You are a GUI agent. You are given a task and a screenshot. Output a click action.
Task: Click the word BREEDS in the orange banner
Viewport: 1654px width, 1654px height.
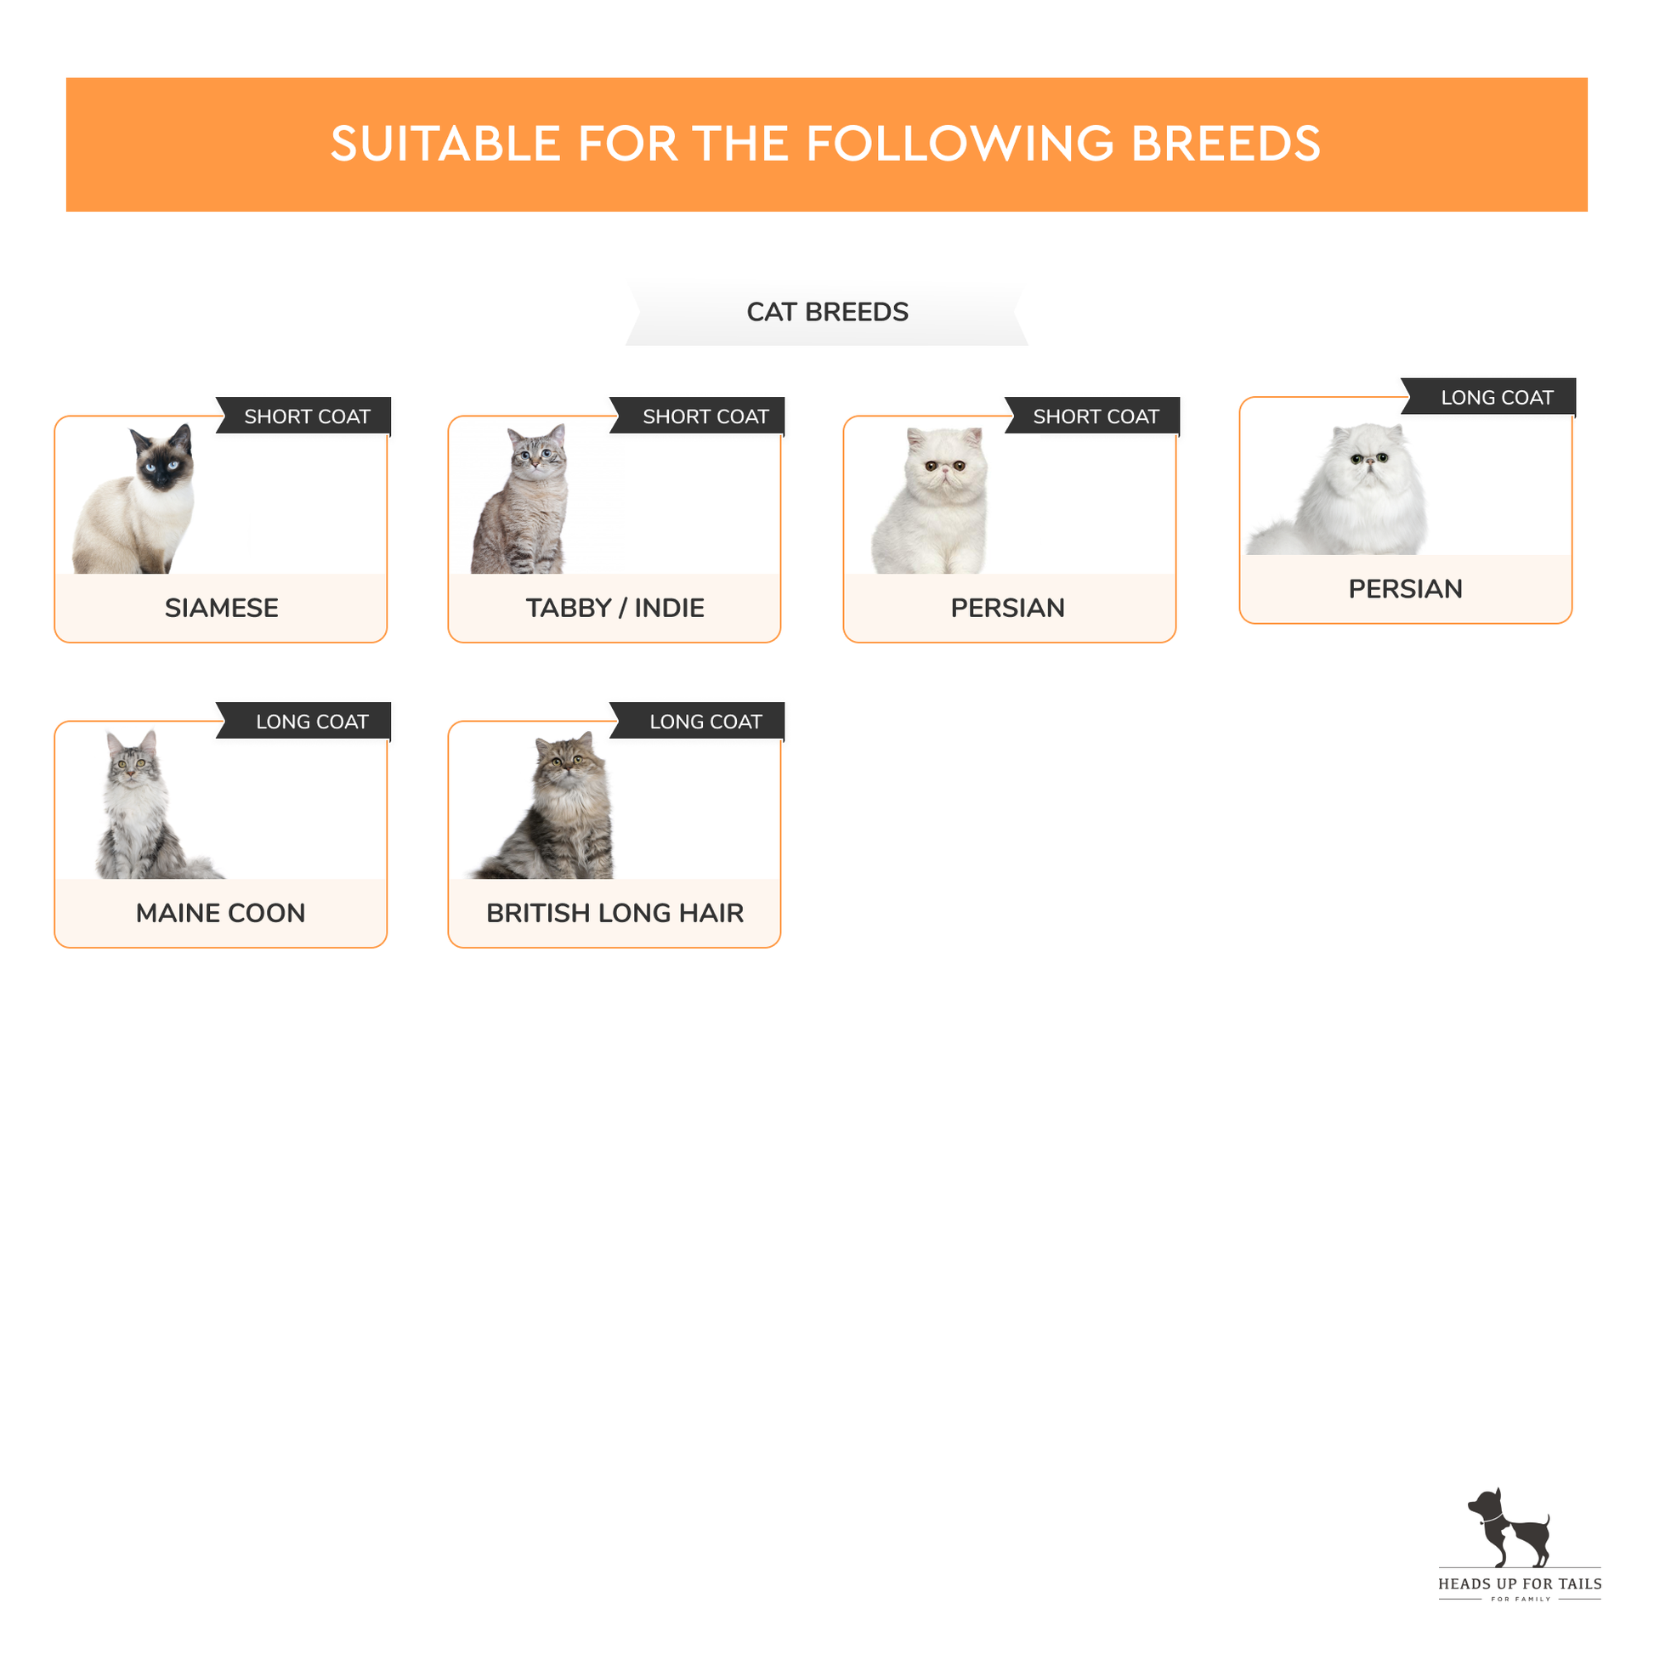[x=1226, y=143]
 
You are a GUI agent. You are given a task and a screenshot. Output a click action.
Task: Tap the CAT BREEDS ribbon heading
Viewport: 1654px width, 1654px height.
[x=827, y=312]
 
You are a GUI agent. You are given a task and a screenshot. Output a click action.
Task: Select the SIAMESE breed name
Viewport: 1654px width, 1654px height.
[x=222, y=608]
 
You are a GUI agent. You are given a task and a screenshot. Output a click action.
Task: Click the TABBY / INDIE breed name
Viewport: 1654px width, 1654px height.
[x=615, y=608]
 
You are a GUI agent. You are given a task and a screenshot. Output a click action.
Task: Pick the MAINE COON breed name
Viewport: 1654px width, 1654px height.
[x=221, y=913]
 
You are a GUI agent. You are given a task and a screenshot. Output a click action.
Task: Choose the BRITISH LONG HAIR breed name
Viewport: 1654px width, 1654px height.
[x=615, y=913]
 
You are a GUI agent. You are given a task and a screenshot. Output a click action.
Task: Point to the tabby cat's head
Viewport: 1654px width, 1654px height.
[x=537, y=454]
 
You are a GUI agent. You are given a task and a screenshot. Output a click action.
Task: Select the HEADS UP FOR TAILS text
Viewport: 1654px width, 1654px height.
[x=1520, y=1583]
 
